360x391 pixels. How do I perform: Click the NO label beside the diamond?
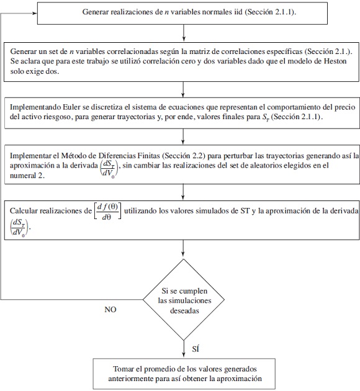tap(110, 310)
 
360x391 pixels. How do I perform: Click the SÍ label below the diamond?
tap(196, 349)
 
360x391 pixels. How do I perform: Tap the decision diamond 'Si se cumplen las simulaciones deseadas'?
tap(184, 300)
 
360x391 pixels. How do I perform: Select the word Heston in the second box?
tap(335, 61)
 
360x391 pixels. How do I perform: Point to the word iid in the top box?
tap(238, 12)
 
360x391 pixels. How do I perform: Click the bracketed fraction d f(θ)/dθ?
tap(107, 211)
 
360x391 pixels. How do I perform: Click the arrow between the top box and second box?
tap(184, 32)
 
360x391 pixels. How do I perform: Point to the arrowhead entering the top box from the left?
tap(35, 12)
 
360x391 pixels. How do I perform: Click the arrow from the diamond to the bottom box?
tap(184, 349)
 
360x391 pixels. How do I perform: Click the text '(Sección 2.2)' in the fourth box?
tap(184, 156)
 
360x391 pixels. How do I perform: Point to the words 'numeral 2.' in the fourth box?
tap(27, 176)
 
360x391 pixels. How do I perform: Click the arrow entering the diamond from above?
tap(183, 248)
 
